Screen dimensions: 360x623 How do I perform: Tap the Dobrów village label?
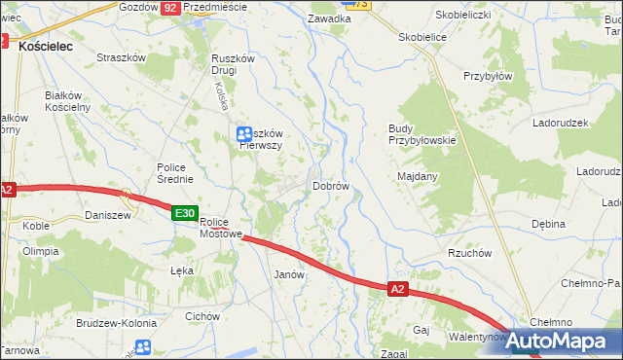point(330,185)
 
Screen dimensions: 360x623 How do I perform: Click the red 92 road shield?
point(170,7)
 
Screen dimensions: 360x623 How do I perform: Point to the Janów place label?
point(290,274)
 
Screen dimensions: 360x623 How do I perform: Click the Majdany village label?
point(418,176)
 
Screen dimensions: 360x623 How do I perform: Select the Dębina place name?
point(548,224)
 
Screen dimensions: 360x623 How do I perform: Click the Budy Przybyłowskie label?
point(421,134)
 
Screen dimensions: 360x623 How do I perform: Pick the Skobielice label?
point(421,36)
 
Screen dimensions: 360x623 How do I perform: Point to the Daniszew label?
point(108,215)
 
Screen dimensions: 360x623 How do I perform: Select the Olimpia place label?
point(41,250)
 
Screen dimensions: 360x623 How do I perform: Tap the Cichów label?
point(202,316)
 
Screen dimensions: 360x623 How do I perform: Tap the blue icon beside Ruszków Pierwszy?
point(243,133)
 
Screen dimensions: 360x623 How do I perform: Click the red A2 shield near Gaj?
point(397,289)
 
